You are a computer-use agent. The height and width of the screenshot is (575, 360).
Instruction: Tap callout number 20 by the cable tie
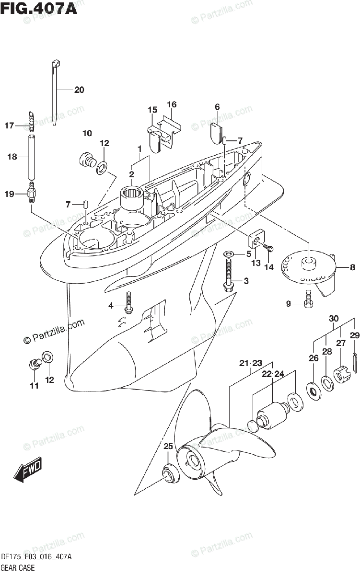(79, 90)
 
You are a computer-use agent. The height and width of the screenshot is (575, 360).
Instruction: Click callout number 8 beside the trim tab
(352, 267)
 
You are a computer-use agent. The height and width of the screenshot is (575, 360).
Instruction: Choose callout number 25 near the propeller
(167, 447)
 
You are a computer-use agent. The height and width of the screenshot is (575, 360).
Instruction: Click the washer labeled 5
(229, 253)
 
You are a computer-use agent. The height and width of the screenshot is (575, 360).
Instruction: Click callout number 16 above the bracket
(172, 104)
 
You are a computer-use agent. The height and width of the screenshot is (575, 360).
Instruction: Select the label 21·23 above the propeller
(250, 364)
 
